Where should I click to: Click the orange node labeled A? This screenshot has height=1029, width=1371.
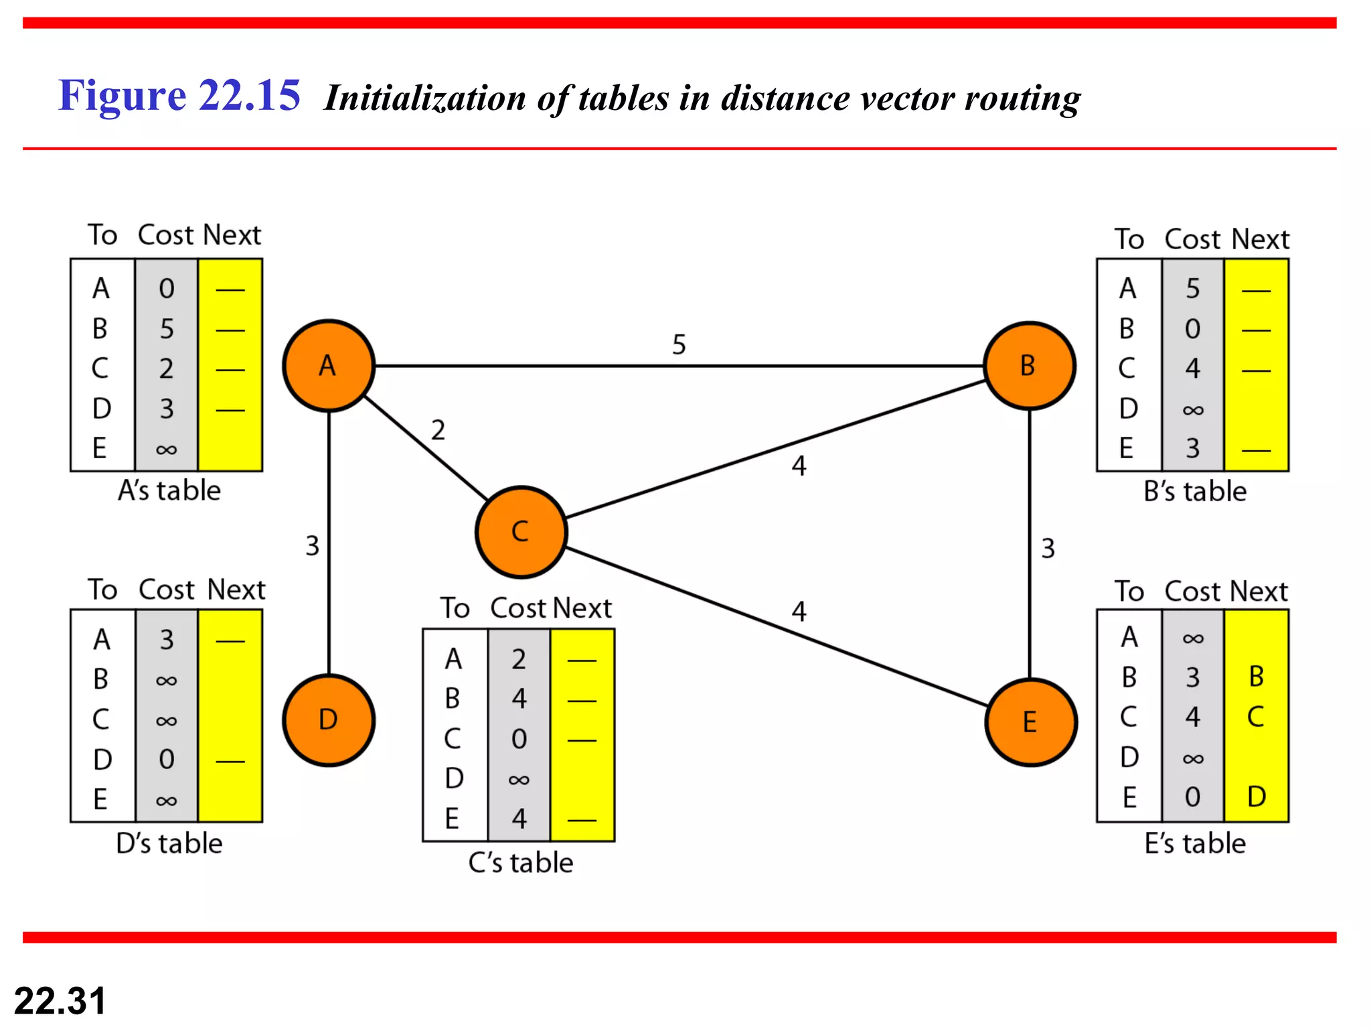328,366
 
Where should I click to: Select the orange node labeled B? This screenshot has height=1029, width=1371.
1029,366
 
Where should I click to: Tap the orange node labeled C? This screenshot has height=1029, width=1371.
521,532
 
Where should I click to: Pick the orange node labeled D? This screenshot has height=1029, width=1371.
328,720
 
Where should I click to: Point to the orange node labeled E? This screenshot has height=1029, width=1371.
1030,722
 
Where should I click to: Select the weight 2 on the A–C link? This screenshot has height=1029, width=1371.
438,430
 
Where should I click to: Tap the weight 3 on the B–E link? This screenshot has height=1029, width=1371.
1048,549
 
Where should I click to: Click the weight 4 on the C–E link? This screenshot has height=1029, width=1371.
799,611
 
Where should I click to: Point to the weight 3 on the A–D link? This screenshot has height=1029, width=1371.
312,546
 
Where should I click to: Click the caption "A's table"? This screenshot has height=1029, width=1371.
169,490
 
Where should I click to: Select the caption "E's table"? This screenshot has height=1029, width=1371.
1195,843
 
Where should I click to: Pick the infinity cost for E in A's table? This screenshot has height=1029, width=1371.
166,449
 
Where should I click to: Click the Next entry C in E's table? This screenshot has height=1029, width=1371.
1256,717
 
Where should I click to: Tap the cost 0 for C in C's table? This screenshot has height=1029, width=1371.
519,739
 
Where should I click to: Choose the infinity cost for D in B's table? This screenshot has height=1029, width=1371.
1193,409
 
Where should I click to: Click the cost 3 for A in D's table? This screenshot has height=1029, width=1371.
166,640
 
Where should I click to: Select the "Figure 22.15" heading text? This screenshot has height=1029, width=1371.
179,95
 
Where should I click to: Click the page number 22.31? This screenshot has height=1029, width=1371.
60,1001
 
